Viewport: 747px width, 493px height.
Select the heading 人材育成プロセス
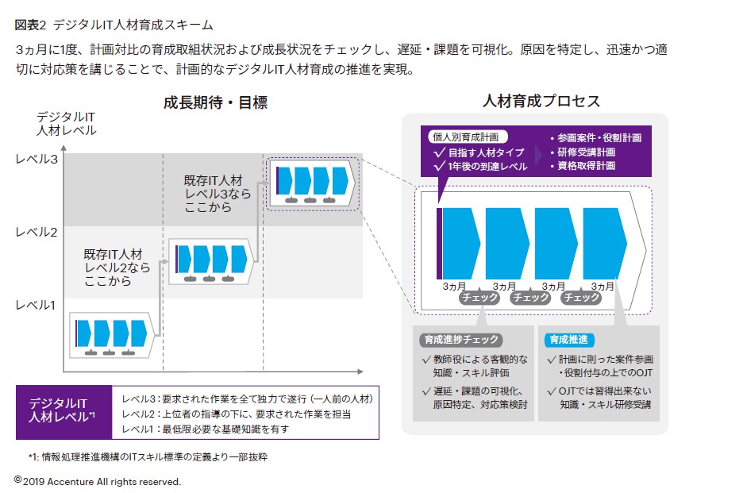click(541, 102)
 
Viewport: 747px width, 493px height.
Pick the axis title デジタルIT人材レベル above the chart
click(67, 124)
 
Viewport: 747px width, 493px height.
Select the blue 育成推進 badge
click(568, 340)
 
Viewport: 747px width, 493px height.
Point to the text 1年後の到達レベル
click(481, 166)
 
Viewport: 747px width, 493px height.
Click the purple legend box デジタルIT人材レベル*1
click(62, 411)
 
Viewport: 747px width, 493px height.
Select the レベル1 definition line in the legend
click(205, 429)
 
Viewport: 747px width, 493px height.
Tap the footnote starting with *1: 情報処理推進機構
click(148, 457)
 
